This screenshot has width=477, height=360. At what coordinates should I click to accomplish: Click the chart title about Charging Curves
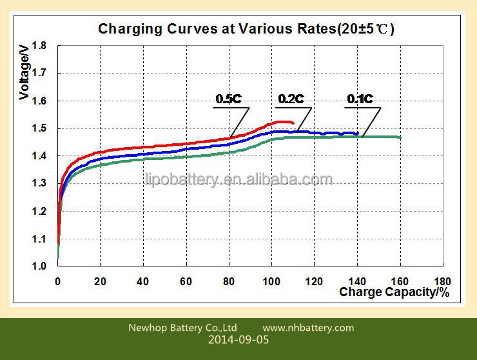click(246, 29)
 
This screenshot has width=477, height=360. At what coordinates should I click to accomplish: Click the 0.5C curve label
click(228, 99)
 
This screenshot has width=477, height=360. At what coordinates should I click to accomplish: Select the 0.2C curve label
click(291, 99)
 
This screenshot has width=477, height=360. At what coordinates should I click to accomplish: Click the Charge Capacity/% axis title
click(394, 292)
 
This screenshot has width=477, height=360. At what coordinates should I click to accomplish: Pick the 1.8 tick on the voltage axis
click(39, 46)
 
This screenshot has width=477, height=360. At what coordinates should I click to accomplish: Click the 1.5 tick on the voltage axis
click(39, 128)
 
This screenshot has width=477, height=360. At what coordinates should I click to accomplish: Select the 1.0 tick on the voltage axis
click(39, 266)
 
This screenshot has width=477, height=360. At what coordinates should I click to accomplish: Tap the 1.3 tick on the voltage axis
click(39, 183)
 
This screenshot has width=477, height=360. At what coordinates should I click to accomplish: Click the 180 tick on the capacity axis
click(442, 281)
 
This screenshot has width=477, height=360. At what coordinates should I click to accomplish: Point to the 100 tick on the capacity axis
click(272, 281)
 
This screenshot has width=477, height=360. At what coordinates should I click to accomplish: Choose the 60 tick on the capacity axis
click(187, 281)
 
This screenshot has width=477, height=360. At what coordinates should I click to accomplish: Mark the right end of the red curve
click(293, 123)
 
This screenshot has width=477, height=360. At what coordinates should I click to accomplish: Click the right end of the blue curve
click(357, 134)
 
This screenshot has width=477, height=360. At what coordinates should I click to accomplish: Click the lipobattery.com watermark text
click(238, 179)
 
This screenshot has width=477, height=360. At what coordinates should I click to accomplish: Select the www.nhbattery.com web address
click(308, 328)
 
